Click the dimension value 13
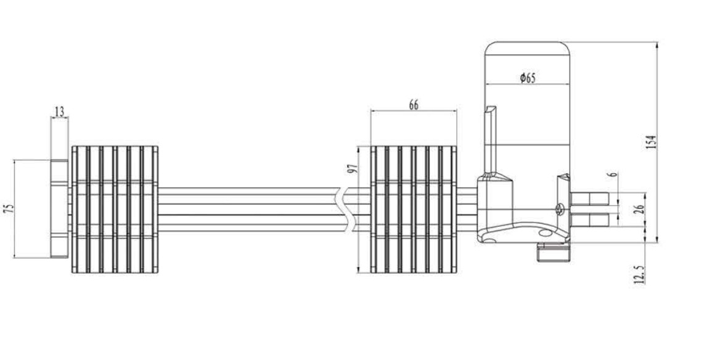coord(59,112)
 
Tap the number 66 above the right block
coord(414,105)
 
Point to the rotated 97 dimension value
coord(353,170)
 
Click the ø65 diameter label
coord(527,78)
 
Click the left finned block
coord(115,210)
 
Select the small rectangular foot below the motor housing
coord(554,252)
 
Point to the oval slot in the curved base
coord(544,234)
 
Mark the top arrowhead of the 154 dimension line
coord(657,45)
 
